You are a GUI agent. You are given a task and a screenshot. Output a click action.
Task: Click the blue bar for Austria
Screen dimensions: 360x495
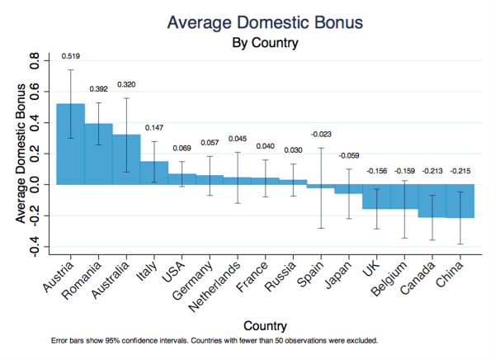click(70, 144)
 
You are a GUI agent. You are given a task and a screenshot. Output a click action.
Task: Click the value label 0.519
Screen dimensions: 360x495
click(71, 56)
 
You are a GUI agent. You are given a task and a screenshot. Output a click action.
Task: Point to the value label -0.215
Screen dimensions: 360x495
click(460, 171)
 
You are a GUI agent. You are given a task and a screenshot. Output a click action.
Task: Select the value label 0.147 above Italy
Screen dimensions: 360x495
click(154, 128)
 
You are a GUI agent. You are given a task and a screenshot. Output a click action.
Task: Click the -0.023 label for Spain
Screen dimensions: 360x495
click(322, 134)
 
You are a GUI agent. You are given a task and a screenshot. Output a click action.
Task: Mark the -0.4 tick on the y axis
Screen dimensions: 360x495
click(35, 246)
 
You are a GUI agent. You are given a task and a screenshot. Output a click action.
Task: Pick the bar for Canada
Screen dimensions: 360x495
click(432, 201)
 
